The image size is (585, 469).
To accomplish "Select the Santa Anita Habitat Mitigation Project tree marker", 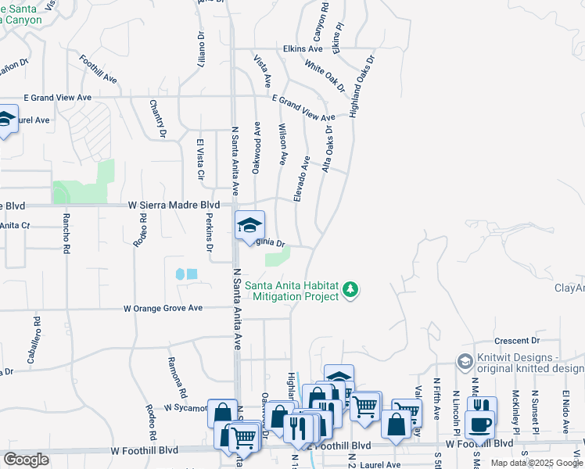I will click(x=352, y=290).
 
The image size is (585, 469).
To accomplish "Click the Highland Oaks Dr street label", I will click(x=363, y=85).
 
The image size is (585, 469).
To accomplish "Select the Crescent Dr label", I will click(x=519, y=341).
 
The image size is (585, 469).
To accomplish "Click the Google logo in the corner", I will click(x=26, y=460).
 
